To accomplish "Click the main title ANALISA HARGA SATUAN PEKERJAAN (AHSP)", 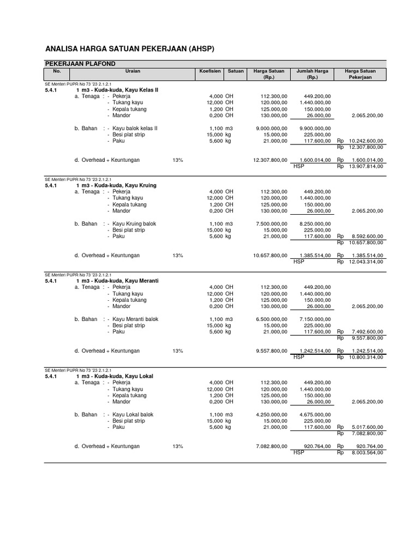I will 130,49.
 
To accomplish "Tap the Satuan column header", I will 236,71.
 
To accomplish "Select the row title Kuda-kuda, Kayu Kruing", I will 117,185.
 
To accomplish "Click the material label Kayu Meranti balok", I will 135,319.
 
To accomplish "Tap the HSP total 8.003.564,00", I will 368,452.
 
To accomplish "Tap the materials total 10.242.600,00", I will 366,141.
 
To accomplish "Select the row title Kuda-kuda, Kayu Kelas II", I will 117,90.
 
